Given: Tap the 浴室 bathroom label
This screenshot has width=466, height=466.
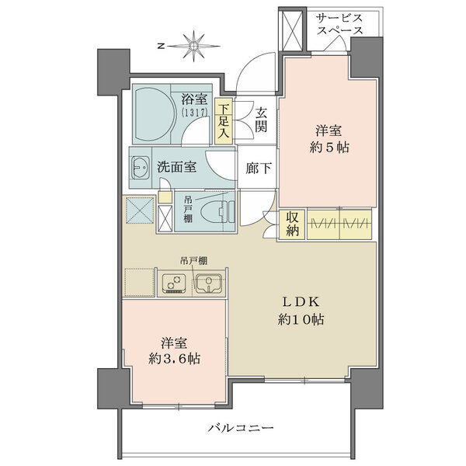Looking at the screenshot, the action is point(194,99).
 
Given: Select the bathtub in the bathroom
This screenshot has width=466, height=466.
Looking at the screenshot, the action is point(155,114).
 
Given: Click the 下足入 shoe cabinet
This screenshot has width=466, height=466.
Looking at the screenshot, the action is point(223,121).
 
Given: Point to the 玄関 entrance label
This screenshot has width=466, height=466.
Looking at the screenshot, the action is point(261,120).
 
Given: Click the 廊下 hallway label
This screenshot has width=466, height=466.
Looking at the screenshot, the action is point(259,169).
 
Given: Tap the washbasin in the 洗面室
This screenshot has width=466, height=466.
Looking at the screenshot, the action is point(141,167).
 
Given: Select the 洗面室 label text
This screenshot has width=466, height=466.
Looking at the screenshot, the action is point(176,167).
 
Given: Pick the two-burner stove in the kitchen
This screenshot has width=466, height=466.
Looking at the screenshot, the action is point(174,283).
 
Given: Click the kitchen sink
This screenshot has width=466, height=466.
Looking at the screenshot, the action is point(208,283).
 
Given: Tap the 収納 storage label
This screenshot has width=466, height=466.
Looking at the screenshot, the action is point(292,224).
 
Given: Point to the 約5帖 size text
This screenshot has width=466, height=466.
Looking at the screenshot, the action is point(329,147).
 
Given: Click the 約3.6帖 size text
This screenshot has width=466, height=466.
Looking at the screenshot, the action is point(174,359).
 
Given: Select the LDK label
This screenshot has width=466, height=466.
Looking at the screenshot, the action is point(301,302).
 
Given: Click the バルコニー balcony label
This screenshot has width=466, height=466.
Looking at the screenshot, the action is point(241,428).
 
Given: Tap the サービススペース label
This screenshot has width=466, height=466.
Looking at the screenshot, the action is point(339,24).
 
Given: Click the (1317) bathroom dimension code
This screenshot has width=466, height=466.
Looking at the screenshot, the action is point(194,112).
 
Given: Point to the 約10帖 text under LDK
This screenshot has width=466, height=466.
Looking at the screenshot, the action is point(301,319).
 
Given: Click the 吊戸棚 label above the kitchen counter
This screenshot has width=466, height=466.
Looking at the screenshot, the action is point(193,261).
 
